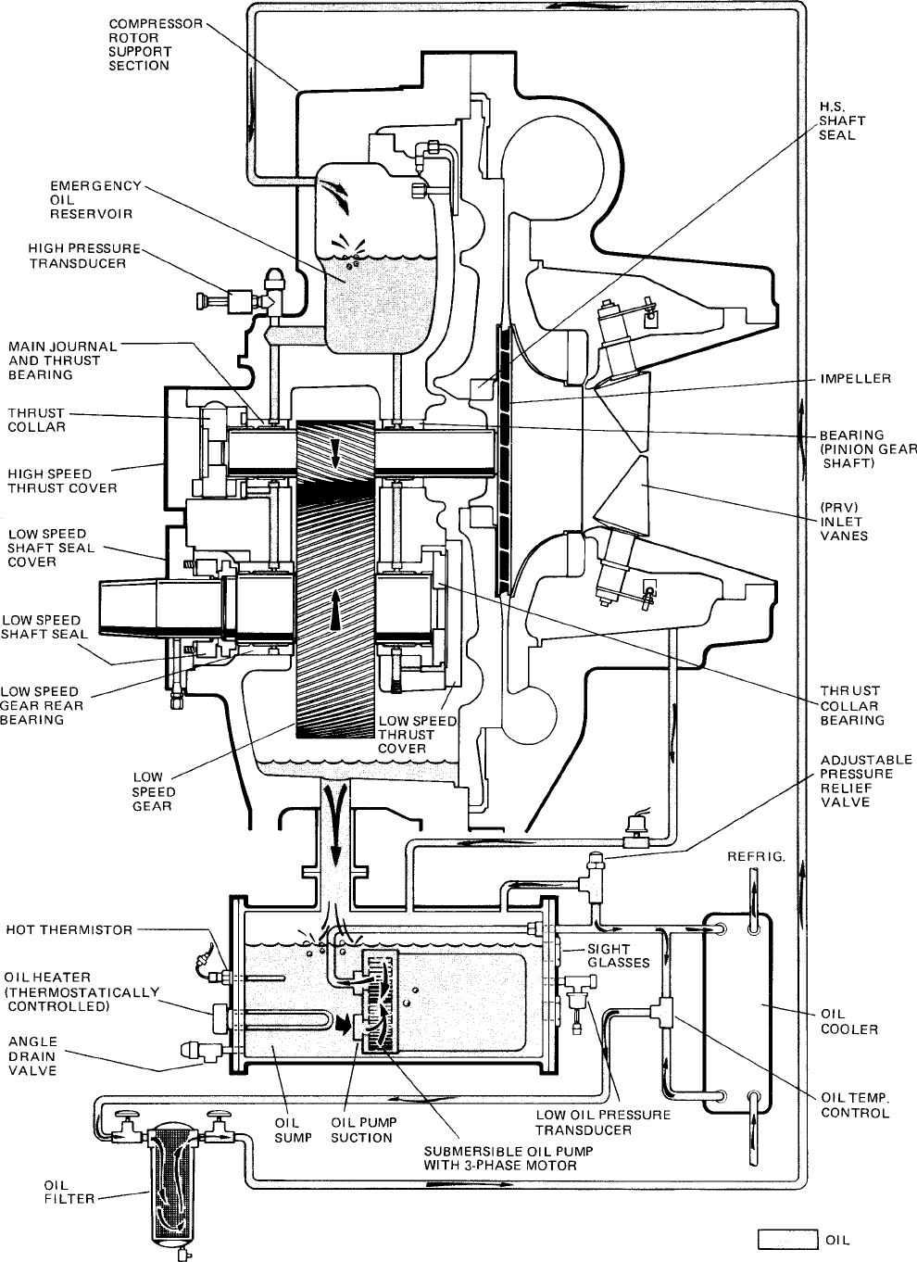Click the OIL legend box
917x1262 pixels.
785,1240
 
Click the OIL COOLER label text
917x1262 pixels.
849,1021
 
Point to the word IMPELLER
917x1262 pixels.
855,379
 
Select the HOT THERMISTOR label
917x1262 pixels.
69,929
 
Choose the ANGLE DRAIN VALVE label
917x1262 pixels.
32,1055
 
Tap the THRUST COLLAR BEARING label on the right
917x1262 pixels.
851,705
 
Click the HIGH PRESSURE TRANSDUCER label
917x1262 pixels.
84,256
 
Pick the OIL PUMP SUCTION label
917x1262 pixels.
363,1129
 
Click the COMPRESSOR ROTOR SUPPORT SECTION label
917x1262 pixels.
156,44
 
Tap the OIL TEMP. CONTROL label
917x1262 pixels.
855,1104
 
